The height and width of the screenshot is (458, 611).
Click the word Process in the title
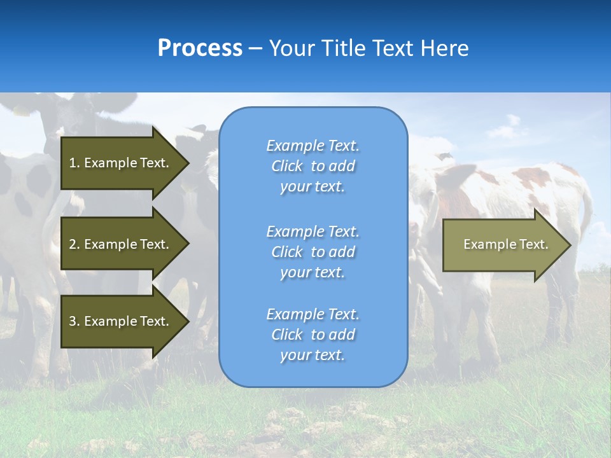[200, 48]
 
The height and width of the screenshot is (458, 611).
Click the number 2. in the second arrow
[74, 244]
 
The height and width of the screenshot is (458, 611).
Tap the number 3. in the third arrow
[74, 321]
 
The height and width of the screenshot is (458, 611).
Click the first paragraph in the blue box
[313, 166]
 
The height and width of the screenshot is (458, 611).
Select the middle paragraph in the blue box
[313, 252]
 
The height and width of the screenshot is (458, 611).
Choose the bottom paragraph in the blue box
[313, 335]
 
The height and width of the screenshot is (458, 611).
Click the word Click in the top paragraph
[287, 166]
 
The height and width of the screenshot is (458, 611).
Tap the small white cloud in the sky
[506, 129]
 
